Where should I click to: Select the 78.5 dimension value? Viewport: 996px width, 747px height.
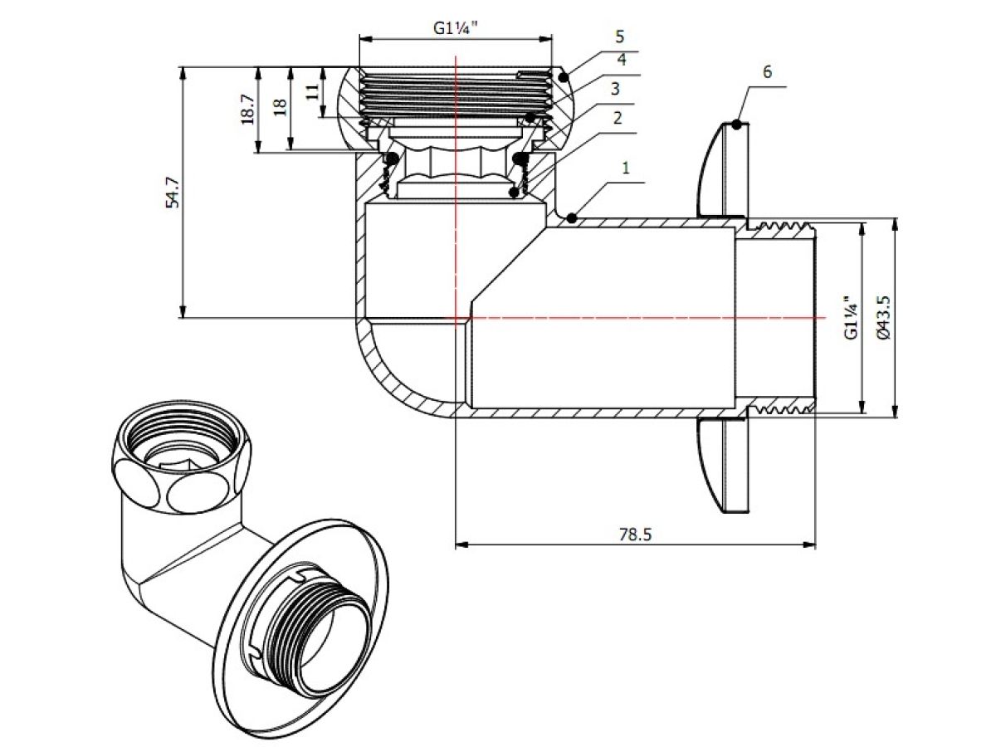(635, 534)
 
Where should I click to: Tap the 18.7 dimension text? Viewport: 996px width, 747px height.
(247, 110)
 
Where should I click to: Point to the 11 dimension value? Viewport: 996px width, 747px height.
(312, 90)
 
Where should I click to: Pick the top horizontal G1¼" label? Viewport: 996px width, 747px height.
(456, 27)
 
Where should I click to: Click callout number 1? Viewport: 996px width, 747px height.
(626, 167)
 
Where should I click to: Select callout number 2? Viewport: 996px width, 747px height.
(617, 117)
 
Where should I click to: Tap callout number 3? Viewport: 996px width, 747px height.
(614, 88)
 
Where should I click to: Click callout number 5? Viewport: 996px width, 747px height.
(619, 37)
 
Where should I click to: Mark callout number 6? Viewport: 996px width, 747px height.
(767, 71)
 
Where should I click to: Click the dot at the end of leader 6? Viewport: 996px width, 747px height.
(736, 124)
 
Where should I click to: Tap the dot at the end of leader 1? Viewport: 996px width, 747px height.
(572, 217)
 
